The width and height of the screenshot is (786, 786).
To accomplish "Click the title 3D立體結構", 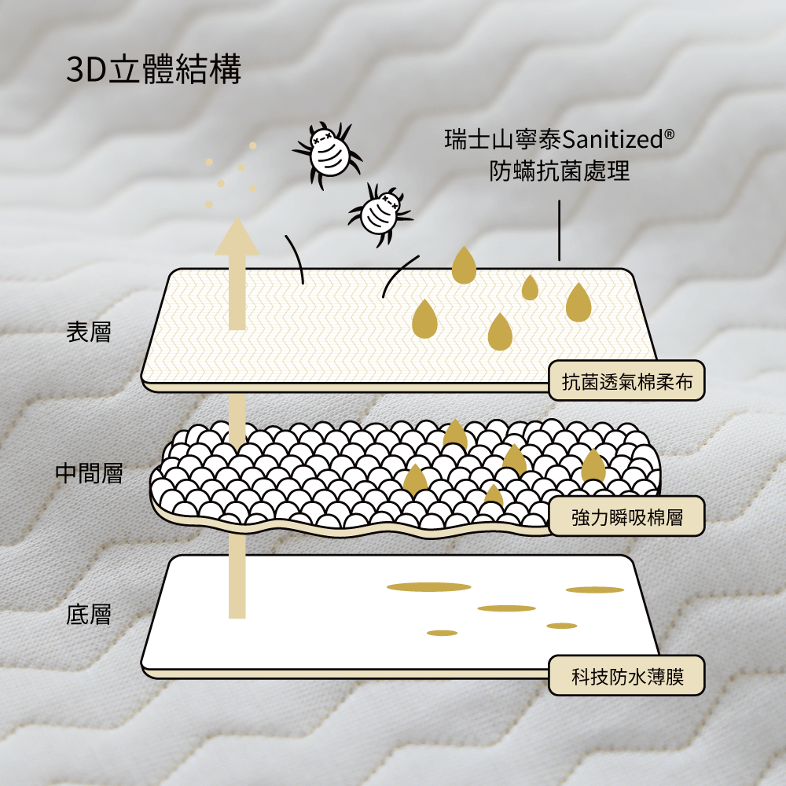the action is tap(154, 70).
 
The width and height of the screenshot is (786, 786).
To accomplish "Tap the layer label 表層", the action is tap(89, 332).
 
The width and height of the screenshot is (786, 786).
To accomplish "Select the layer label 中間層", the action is tap(89, 473).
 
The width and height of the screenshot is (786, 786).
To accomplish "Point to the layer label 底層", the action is tap(89, 614).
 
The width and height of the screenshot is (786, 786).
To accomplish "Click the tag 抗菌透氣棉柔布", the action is tap(626, 381).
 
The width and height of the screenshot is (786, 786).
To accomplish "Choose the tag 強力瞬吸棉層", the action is tap(626, 516).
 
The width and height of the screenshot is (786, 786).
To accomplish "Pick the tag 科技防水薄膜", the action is tap(626, 675).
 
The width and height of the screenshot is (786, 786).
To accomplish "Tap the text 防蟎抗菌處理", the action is tap(560, 171).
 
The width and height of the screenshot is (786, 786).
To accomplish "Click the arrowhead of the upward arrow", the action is tap(237, 235).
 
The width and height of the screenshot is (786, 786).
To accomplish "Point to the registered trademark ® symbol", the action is tap(669, 135).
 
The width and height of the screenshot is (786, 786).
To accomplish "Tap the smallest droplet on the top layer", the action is tap(531, 288).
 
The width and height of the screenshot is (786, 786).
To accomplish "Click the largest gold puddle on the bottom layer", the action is tap(428, 586).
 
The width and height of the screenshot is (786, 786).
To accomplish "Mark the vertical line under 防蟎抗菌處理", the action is tap(559, 230).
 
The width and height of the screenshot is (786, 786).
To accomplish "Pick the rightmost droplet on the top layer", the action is tap(578, 303).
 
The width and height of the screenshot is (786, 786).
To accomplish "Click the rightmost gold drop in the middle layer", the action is tap(593, 467).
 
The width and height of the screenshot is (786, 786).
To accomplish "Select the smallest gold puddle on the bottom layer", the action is tap(443, 633).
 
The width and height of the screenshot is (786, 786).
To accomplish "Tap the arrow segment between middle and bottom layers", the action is tap(237, 578).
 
